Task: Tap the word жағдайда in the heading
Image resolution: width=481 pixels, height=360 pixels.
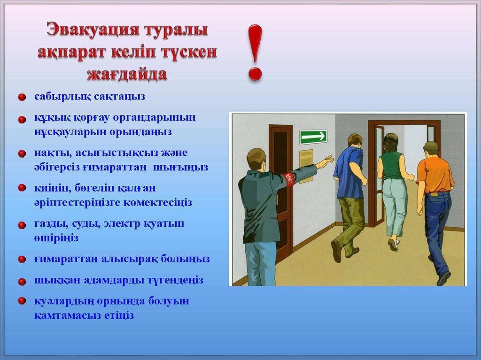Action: (127, 74)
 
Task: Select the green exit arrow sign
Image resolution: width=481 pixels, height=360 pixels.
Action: (313, 137)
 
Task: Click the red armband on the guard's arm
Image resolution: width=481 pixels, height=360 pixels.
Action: (290, 178)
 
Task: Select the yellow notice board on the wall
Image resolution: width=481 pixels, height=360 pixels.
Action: (306, 162)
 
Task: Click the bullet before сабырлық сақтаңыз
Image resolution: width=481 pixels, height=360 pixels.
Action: (22, 98)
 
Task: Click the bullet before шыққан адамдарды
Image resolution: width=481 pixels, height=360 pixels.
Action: (22, 282)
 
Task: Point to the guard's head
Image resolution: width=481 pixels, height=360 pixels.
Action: (256, 159)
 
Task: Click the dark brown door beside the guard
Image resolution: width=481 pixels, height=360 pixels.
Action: (281, 188)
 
